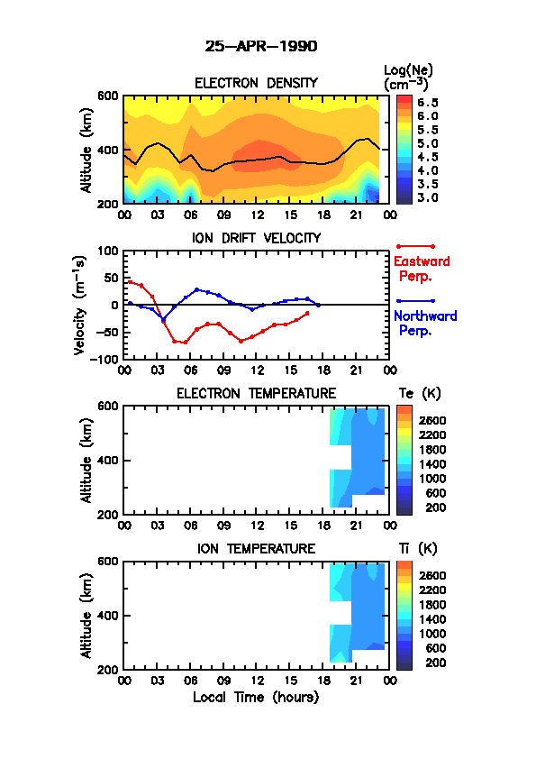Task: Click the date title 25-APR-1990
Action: tap(261, 47)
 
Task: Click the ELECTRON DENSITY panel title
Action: tap(256, 83)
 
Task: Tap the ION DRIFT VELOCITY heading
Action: tap(256, 238)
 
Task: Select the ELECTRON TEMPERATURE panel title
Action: tap(256, 394)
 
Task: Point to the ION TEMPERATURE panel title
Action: tap(256, 549)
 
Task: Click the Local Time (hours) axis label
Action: tap(256, 698)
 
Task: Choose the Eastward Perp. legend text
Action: tap(422, 270)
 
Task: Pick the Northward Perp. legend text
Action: tap(425, 324)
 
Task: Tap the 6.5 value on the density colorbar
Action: tap(428, 103)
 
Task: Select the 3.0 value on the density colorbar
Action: tap(428, 197)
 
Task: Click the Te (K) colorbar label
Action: tap(420, 394)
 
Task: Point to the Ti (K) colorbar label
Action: tap(418, 549)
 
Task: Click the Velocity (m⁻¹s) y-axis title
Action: tap(80, 306)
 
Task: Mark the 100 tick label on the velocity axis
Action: tap(108, 251)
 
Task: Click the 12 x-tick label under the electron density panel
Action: tap(257, 215)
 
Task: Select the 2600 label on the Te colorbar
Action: tap(432, 421)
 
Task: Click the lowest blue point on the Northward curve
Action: tap(164, 319)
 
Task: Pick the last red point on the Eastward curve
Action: tap(307, 313)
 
